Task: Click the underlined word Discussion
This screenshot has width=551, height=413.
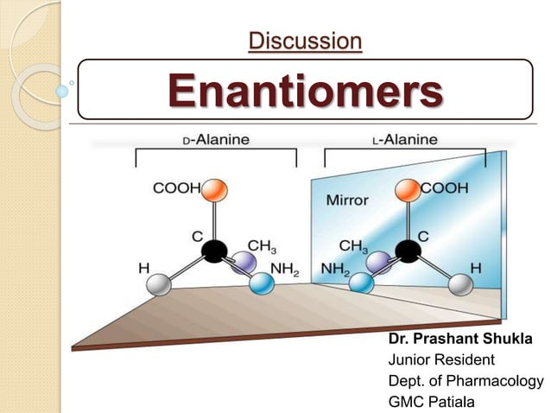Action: (305, 40)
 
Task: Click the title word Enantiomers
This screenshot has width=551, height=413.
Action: (305, 90)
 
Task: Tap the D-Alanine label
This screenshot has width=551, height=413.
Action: (216, 139)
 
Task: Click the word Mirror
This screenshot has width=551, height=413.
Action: (347, 200)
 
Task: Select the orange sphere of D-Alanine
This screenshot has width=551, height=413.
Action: (215, 188)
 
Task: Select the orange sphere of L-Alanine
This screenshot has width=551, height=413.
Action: (406, 188)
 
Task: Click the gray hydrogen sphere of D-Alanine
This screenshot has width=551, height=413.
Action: (158, 285)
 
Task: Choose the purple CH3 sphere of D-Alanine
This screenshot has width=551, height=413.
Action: (243, 264)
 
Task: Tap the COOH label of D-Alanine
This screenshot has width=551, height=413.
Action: (175, 187)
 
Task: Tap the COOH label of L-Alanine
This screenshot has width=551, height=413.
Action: (446, 187)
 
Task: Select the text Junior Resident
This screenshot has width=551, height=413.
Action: (440, 360)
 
